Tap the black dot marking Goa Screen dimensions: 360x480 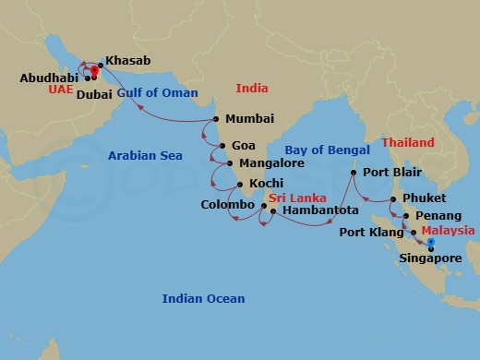(x=222, y=146)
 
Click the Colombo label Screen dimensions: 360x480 (x=227, y=204)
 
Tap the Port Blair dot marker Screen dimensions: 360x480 (x=354, y=173)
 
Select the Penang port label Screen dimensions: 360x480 (x=438, y=215)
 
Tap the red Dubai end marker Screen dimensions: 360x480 (x=95, y=70)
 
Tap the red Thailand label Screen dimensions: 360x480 (x=408, y=143)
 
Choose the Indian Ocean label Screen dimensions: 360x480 (x=203, y=298)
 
